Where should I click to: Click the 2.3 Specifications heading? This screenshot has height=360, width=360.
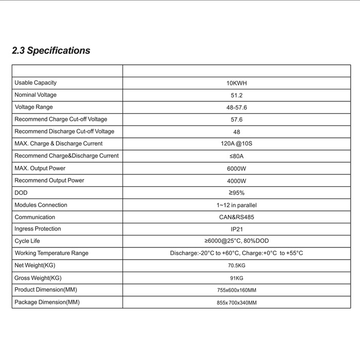(51, 50)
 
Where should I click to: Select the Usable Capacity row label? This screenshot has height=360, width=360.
(35, 83)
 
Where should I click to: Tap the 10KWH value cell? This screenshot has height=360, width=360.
(237, 83)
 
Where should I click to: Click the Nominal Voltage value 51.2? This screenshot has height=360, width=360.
(237, 95)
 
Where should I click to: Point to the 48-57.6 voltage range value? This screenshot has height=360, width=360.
(237, 107)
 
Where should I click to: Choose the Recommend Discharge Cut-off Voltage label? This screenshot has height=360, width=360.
(64, 132)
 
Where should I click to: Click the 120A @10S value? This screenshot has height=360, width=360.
(237, 143)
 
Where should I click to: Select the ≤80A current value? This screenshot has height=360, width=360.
(237, 156)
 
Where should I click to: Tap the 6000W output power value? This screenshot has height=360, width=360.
(237, 168)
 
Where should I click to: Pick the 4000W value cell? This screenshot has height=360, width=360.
(237, 181)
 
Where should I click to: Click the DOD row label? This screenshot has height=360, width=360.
(21, 193)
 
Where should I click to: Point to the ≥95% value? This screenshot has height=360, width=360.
(237, 193)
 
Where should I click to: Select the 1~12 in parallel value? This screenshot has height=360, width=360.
(237, 205)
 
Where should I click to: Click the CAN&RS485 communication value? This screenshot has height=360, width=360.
(237, 217)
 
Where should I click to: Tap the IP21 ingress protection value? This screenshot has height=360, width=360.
(237, 229)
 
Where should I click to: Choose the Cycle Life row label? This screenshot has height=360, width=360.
(27, 241)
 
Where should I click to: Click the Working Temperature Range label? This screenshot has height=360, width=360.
(51, 253)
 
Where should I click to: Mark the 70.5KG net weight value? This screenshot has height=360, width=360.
(237, 265)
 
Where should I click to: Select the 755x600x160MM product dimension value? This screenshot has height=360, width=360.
(237, 291)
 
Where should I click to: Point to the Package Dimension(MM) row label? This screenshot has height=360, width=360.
(47, 302)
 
